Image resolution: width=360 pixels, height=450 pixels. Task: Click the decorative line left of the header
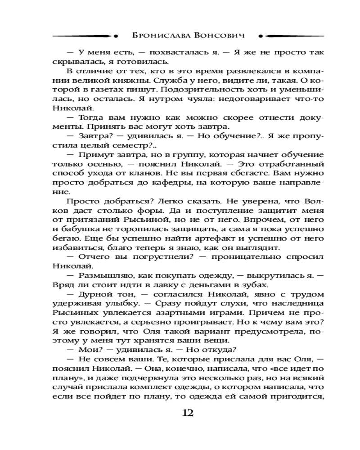click(83, 35)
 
